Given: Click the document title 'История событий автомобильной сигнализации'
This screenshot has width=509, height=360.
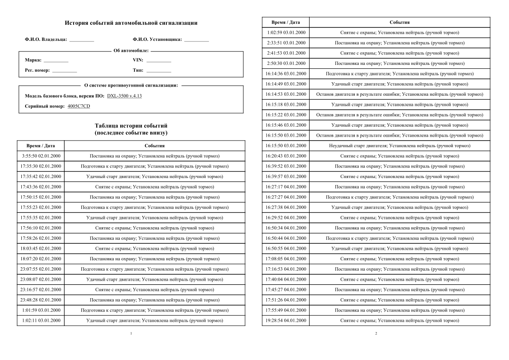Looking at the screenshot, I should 131,23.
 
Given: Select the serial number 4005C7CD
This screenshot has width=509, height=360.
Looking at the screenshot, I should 79,106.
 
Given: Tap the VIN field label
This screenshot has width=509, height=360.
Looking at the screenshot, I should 138,60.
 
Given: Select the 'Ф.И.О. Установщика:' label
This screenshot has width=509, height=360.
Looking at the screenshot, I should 157,40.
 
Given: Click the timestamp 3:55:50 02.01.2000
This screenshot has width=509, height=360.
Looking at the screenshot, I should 40,156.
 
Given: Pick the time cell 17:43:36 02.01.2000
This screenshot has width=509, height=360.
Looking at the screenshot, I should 40,187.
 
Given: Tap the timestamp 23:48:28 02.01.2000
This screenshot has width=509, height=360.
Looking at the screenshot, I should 40,300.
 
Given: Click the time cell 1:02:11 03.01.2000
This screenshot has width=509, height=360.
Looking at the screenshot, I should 40,320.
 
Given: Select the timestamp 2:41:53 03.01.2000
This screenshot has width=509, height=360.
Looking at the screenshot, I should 286,53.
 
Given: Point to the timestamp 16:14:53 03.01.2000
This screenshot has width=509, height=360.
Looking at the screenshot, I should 286,94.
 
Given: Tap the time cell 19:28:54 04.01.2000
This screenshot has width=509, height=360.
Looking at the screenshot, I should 286,320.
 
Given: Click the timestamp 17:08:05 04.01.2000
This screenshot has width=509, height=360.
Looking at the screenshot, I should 286,259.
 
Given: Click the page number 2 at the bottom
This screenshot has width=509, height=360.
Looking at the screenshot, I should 376,333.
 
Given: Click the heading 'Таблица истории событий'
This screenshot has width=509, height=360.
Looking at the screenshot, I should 131,126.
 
